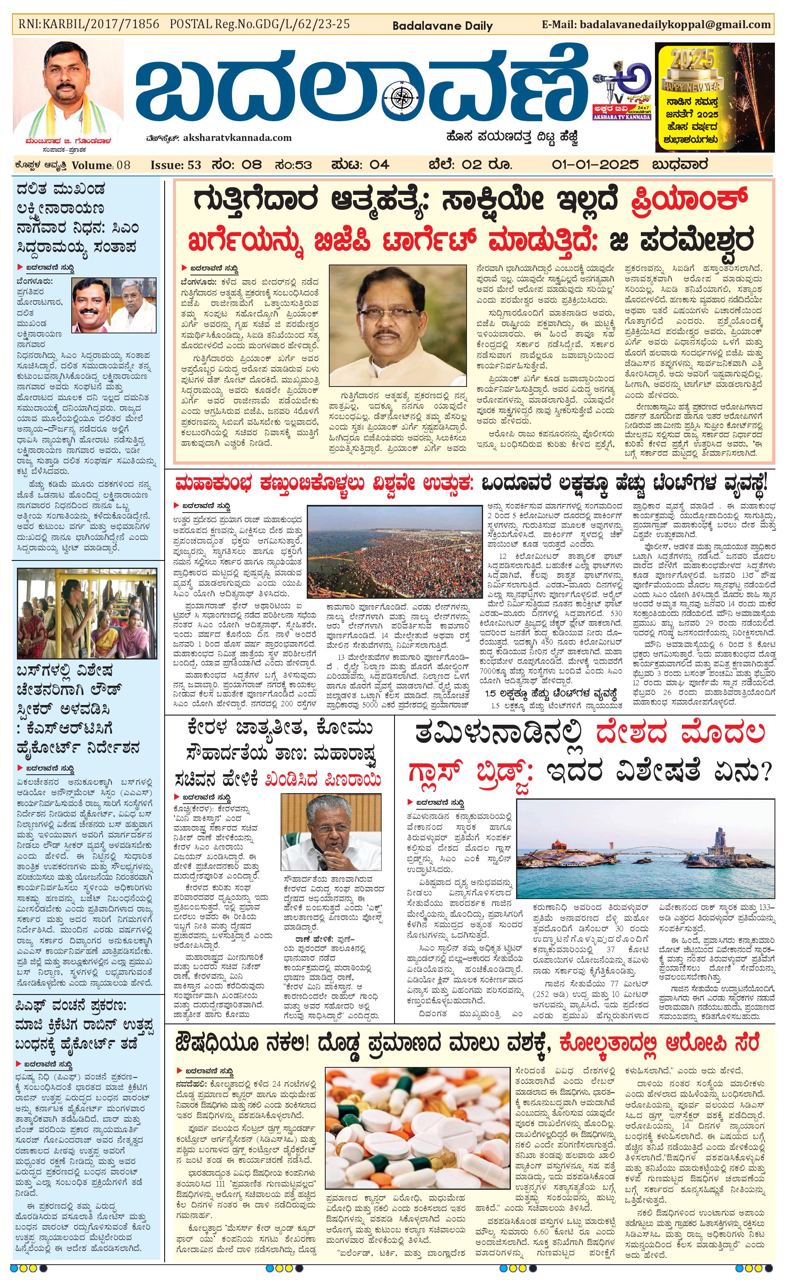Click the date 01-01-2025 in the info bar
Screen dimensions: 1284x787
click(x=595, y=165)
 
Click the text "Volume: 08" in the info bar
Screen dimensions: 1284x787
click(x=101, y=165)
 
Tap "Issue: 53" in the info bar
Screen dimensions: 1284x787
click(x=176, y=165)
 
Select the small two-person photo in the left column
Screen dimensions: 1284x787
click(x=114, y=305)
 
